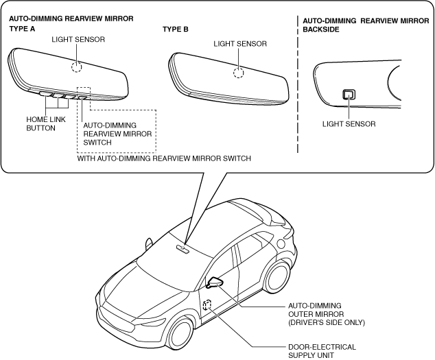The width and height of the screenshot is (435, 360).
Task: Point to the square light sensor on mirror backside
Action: coord(349,95)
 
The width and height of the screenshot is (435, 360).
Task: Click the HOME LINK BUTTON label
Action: coord(40,123)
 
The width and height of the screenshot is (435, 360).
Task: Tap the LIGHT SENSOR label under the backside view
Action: coord(349,124)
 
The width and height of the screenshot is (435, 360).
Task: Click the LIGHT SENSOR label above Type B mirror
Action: coord(240,43)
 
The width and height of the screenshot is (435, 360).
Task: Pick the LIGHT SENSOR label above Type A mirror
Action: coord(79,40)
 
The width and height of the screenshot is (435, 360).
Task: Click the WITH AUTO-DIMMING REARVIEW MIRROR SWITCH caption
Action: coord(164,158)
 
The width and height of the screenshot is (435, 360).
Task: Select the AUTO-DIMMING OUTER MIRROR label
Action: coord(326,313)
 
